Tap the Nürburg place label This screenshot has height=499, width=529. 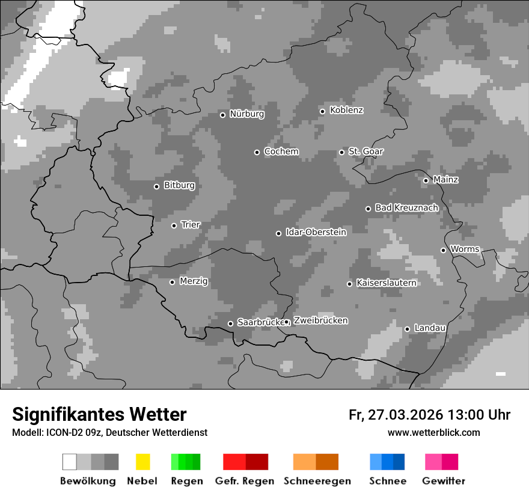pos(246,114)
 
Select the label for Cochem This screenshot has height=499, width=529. pos(281,152)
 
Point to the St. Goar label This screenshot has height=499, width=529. pos(365,152)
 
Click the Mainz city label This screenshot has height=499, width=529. pos(445,180)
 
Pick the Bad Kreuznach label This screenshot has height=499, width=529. pos(406,208)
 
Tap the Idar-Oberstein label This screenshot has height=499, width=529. pos(316,232)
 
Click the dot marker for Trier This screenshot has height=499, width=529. pos(174,225)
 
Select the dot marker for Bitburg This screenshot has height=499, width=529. pos(156,186)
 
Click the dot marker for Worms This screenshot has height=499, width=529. pos(443,250)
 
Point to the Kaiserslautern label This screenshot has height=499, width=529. pos(386,283)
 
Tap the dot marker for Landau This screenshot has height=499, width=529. pos(407,329)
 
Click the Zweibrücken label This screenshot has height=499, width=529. pos(320,320)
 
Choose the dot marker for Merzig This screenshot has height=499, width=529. pos(172,282)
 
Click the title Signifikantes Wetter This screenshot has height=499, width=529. pos(99,415)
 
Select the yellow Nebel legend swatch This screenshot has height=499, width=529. pos(142,462)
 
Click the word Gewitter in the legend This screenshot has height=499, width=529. pos(443,481)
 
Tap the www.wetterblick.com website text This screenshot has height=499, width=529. pos(433,433)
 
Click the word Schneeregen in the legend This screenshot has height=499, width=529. pos(317,481)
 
